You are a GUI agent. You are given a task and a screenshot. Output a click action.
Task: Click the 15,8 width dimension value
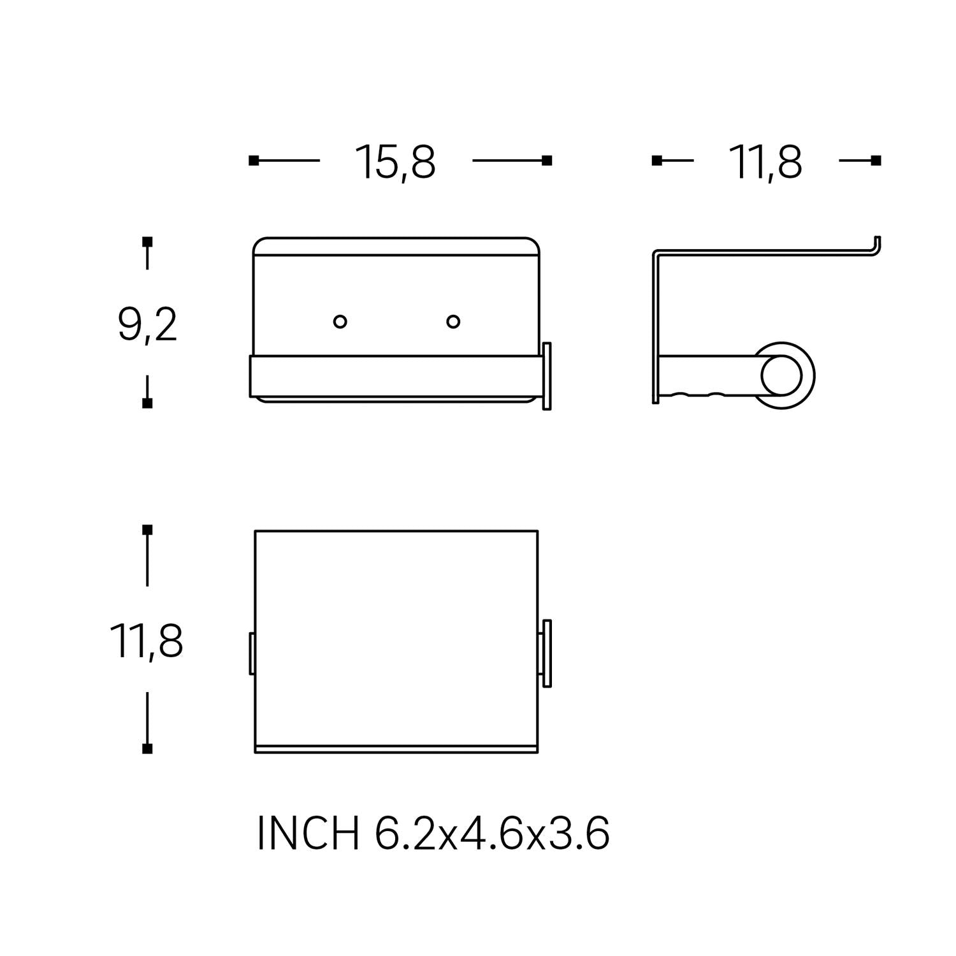tap(395, 162)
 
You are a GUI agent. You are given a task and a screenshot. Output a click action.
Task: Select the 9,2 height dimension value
tap(147, 324)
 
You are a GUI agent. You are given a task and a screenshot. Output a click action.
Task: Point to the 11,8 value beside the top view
tap(147, 641)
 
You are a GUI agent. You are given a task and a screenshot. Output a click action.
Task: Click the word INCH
tap(308, 833)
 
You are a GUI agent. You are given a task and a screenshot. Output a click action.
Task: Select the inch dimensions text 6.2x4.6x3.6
tap(492, 833)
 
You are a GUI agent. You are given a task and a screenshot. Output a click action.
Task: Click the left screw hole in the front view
tap(340, 321)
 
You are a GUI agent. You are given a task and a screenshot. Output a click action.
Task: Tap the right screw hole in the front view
tap(453, 321)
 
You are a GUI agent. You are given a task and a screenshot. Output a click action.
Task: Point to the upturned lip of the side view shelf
tap(877, 247)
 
